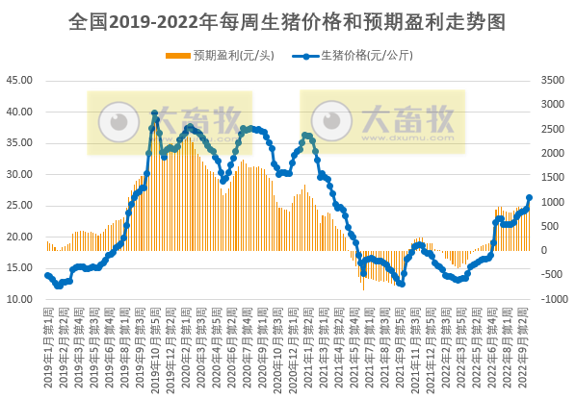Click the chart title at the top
pos(287,21)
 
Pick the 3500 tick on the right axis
pos(553,81)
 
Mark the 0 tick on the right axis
pos(546,251)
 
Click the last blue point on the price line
pos(529,198)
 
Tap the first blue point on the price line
pos(47,275)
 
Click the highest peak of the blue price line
pos(155,112)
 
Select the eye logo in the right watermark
pos(333,122)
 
